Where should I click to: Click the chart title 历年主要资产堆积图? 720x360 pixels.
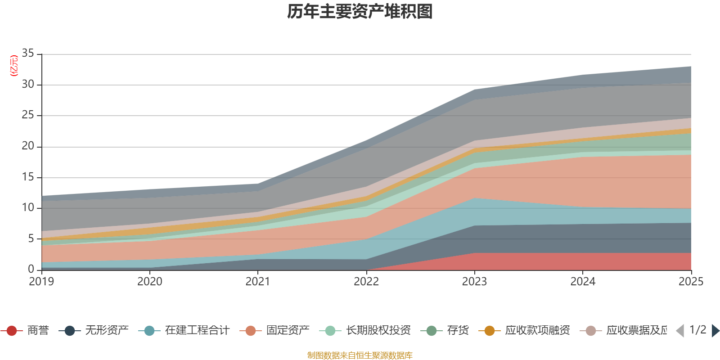coord(360,12)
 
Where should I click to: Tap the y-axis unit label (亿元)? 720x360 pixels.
coord(14,66)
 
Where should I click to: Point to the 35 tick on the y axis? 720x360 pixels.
coord(28,54)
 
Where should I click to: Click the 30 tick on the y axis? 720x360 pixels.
coord(28,84)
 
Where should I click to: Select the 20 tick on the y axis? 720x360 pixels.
coord(28,146)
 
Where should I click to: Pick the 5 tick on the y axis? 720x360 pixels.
coord(31,238)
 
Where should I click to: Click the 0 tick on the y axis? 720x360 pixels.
coord(31,269)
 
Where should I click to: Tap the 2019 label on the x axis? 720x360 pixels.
coord(41,282)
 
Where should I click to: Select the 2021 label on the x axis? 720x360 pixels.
coord(258,282)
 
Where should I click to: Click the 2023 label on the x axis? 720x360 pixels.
coord(474,282)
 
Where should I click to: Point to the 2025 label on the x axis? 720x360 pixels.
coord(691,282)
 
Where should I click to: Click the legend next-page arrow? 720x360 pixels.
coord(715,331)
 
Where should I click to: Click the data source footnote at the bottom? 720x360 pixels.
coord(360,355)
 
